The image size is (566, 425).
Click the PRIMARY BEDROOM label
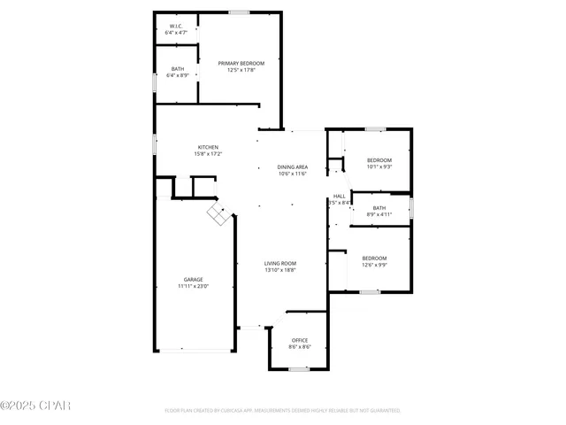(241, 63)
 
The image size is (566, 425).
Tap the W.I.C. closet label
(177, 27)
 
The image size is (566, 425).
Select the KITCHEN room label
(208, 147)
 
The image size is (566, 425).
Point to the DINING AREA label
(292, 166)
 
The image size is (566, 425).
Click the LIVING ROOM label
(280, 263)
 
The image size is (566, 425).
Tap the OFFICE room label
(300, 340)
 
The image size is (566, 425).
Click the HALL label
(339, 196)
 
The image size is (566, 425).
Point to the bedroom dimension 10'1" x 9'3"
(379, 166)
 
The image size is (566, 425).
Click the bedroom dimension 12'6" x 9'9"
(374, 265)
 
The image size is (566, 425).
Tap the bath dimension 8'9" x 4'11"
(379, 214)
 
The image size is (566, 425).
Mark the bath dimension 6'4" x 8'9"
(177, 75)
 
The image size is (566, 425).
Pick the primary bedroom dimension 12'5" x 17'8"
(241, 70)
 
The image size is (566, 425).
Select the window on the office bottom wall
(299, 368)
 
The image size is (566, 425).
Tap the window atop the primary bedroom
(238, 12)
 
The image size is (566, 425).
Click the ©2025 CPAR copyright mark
(35, 406)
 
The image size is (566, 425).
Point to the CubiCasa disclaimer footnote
(282, 411)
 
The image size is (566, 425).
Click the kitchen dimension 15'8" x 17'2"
(208, 154)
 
